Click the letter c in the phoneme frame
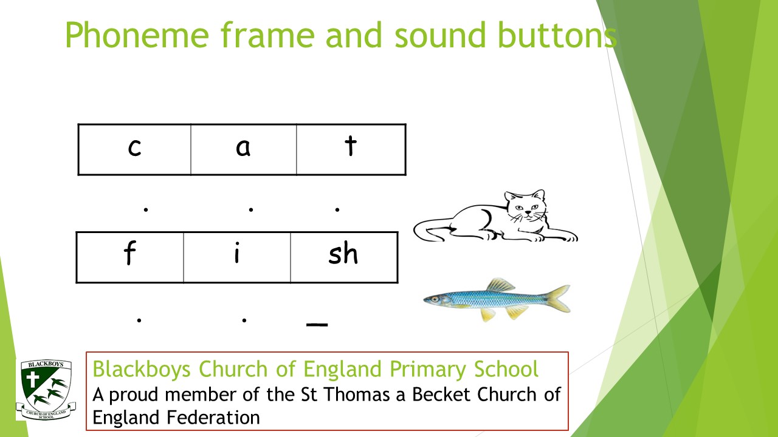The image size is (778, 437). click(134, 147)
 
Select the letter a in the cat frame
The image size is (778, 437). click(243, 147)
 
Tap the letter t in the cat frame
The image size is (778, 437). click(351, 145)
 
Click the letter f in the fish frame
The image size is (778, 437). click(129, 253)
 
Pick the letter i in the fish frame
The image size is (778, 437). click(237, 253)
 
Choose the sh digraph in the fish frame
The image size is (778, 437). click(343, 253)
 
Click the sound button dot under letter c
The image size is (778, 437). click(146, 209)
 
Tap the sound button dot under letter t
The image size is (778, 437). click(337, 209)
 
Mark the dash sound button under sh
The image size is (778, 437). click(317, 325)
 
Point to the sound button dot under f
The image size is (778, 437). click(139, 320)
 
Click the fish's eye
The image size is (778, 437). click(435, 299)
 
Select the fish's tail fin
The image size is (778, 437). click(557, 298)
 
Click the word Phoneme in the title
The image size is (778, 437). click(137, 35)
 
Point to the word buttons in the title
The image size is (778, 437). click(557, 35)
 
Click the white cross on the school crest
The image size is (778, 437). click(32, 379)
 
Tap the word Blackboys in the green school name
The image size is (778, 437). click(142, 369)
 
